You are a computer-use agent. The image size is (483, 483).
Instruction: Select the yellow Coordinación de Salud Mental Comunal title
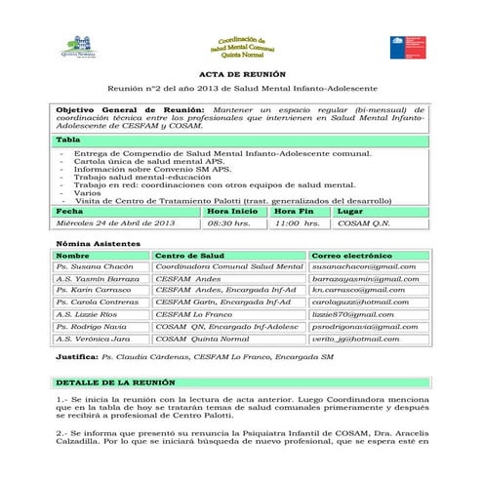pyautogui.click(x=243, y=44)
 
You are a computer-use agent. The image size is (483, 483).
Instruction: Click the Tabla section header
pyautogui.click(x=68, y=141)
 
